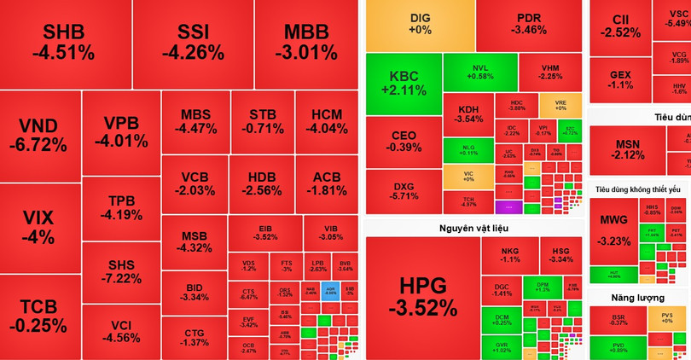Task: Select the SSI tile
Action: coord(193,43)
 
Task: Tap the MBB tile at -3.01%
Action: coord(305,43)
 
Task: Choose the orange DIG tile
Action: coord(420,24)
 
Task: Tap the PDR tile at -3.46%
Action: coord(529,24)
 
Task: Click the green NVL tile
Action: coord(480,72)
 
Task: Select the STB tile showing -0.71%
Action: coord(261,122)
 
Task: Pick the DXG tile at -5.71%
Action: coord(404,192)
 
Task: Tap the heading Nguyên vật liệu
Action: coord(473,228)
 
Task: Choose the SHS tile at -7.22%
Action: coord(120,270)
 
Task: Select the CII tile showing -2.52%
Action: coord(620,26)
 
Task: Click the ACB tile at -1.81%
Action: coord(327,183)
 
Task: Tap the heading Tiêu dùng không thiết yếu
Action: coord(638,189)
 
